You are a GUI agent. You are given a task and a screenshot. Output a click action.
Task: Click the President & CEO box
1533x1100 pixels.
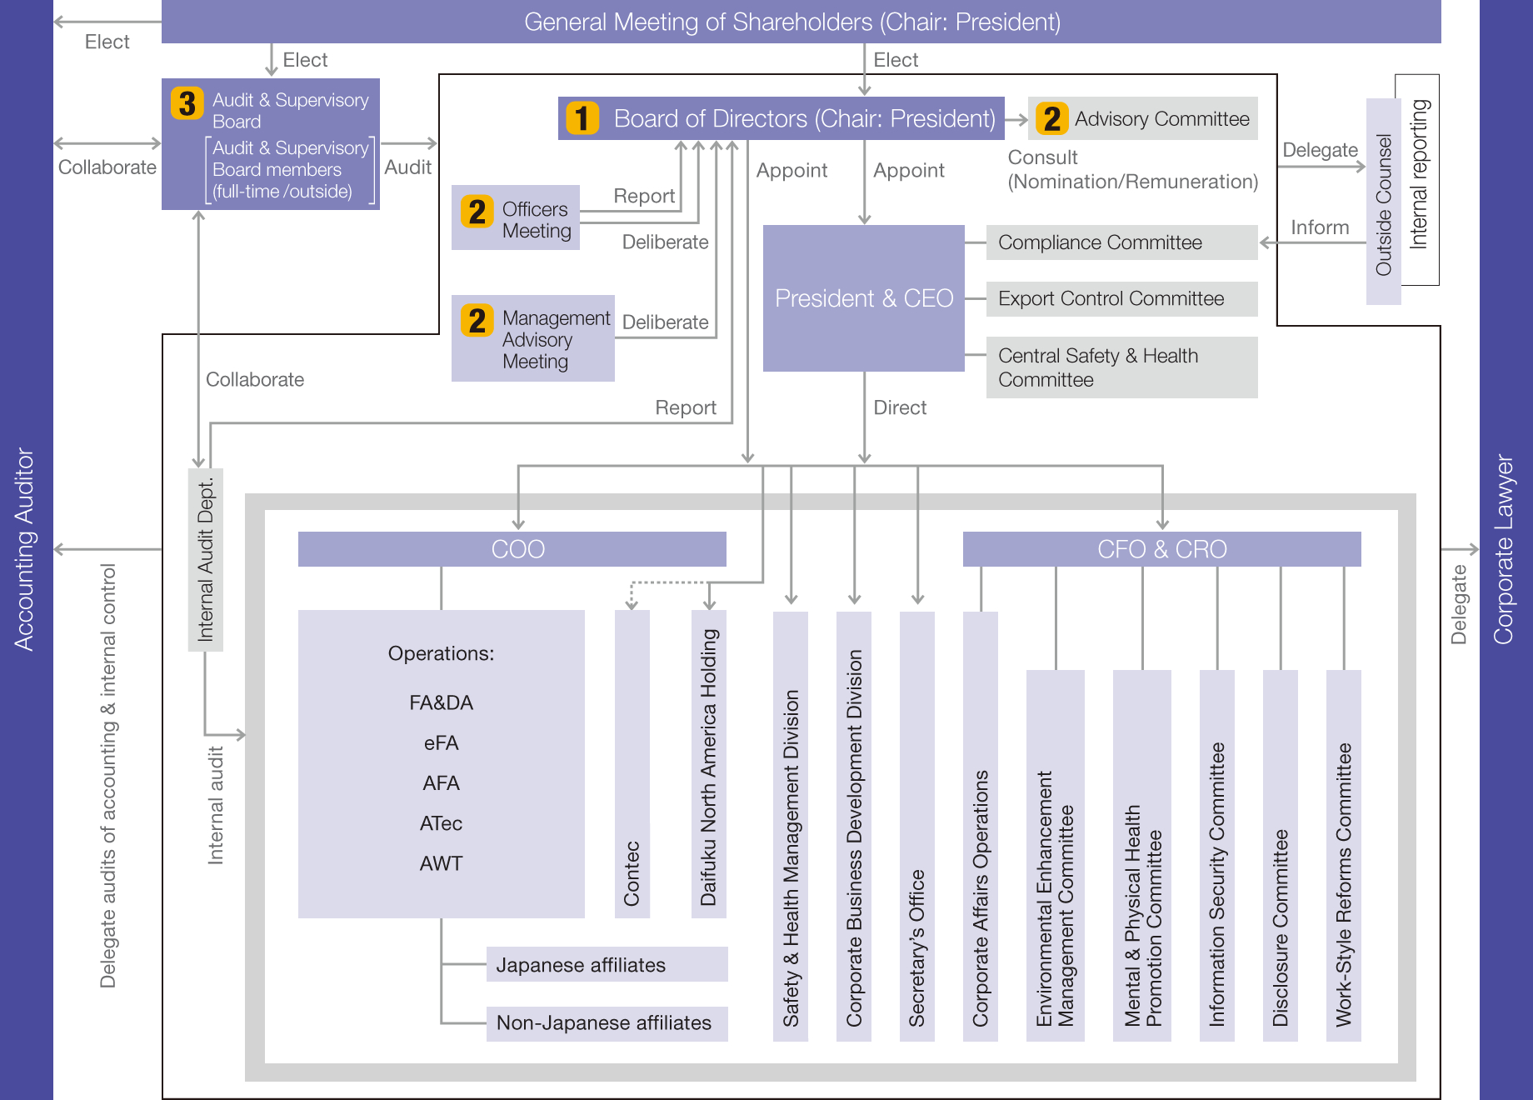(864, 298)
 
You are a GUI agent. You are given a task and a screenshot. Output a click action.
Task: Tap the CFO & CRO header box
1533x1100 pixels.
(1161, 549)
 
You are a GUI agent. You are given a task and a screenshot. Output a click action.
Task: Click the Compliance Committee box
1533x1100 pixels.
(1121, 242)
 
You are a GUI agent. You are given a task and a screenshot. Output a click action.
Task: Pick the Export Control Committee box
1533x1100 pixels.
(1121, 298)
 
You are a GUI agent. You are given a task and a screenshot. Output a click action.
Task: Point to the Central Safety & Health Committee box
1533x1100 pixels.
(1121, 367)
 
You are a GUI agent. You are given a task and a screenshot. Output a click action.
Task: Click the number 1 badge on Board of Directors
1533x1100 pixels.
(582, 118)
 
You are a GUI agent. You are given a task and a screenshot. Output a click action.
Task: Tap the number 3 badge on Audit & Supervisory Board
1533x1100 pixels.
(187, 103)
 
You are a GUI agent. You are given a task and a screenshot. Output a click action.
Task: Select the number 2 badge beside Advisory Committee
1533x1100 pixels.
(1052, 118)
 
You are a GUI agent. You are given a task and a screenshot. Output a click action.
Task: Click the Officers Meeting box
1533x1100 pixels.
(516, 218)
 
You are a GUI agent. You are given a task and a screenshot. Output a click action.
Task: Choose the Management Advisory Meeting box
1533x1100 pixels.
(533, 339)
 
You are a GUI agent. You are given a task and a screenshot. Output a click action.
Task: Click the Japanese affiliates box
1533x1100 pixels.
(607, 965)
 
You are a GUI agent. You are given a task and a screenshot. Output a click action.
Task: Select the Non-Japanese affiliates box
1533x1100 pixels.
(607, 1023)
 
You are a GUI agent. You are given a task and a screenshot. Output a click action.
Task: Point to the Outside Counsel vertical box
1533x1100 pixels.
(1383, 202)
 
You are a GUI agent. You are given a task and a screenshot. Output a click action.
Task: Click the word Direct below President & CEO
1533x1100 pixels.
(900, 407)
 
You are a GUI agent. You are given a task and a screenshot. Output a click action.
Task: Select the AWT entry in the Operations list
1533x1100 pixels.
(441, 863)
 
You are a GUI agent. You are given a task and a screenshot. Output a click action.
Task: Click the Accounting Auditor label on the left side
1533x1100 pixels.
(25, 550)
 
